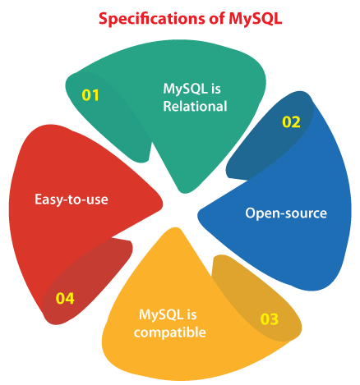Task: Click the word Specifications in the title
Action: [x=151, y=20]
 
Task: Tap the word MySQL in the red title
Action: [x=255, y=19]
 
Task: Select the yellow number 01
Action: [x=90, y=95]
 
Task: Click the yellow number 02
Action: [x=291, y=122]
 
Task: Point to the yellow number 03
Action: [x=270, y=319]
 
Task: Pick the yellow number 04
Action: [x=65, y=298]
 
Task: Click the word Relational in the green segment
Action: [x=195, y=106]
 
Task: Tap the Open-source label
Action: [x=286, y=213]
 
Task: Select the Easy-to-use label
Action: [x=72, y=199]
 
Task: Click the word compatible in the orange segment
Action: [x=170, y=332]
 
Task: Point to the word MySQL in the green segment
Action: [x=185, y=89]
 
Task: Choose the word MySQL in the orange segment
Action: [x=161, y=315]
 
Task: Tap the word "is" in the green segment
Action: [x=216, y=89]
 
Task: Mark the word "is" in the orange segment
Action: [x=192, y=315]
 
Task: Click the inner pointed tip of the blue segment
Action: [x=198, y=215]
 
